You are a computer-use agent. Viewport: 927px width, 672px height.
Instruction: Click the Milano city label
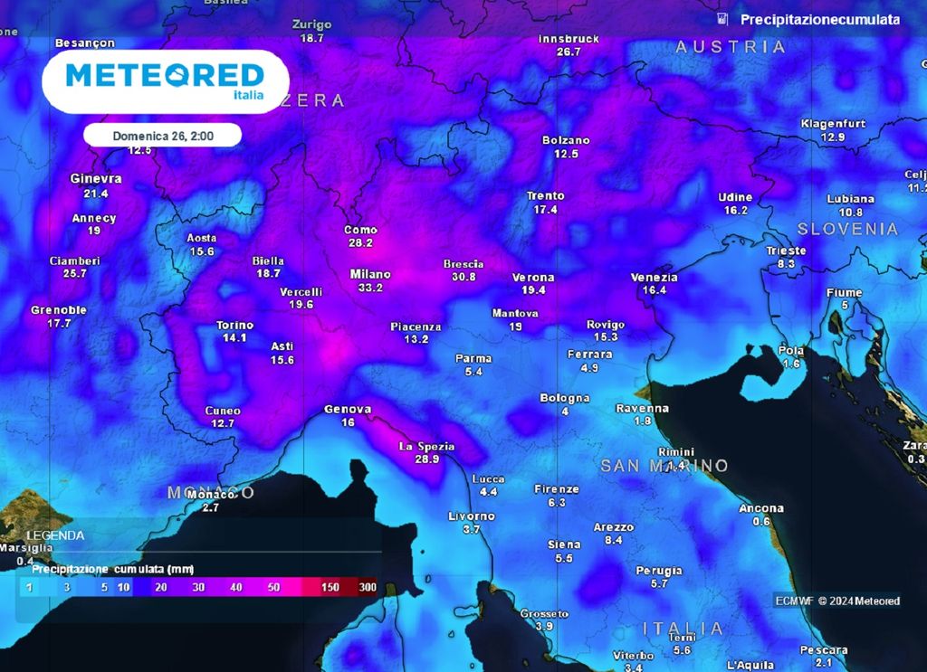point(370,274)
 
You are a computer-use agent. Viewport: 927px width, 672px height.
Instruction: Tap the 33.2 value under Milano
point(370,288)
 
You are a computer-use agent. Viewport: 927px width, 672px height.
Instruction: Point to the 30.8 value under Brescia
point(463,277)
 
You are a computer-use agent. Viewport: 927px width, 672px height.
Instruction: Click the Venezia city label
point(654,278)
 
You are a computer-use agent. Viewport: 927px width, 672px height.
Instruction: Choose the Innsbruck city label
point(569,40)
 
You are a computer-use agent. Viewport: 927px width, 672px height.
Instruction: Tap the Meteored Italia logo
point(165,81)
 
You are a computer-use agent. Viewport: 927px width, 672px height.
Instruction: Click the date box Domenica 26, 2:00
point(162,136)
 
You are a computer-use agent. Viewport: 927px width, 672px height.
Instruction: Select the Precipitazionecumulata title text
point(819,19)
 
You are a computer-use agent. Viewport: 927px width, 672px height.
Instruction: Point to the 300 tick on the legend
point(367,587)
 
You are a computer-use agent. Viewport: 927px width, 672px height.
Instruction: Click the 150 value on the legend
point(330,587)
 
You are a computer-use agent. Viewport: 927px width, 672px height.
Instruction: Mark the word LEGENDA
point(55,535)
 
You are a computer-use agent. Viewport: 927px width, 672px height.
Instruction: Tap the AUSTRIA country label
point(731,47)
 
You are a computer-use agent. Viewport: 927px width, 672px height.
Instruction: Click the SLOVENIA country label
point(848,229)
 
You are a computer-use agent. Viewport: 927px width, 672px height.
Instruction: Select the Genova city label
point(348,410)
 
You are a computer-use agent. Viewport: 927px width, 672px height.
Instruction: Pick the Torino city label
point(234,326)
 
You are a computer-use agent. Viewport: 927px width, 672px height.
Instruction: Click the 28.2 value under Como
point(360,242)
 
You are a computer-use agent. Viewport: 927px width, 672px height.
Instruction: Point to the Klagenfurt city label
point(833,124)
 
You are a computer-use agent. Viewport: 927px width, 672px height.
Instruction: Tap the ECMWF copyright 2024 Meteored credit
point(837,601)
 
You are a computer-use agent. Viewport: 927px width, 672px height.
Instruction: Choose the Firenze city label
point(556,489)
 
